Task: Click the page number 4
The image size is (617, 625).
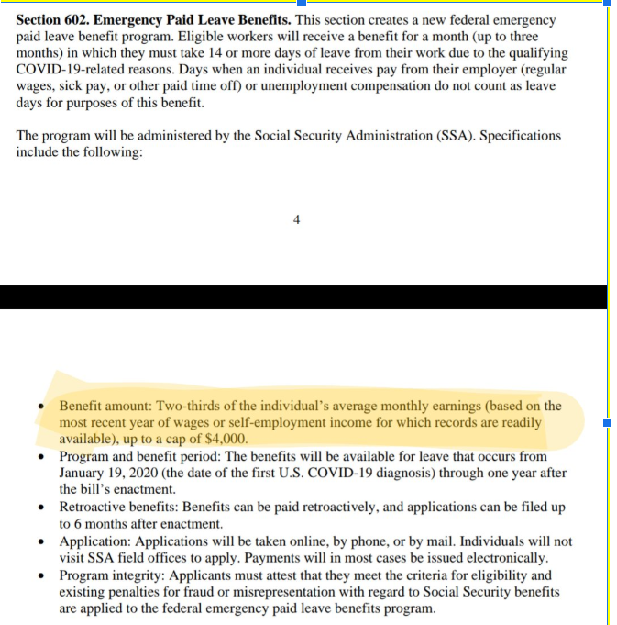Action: tap(296, 218)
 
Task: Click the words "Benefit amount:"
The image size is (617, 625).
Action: tap(105, 406)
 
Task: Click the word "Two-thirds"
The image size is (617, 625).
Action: tap(187, 406)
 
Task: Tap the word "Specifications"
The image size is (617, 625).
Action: tap(521, 136)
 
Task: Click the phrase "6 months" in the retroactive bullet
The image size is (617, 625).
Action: tap(94, 524)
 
